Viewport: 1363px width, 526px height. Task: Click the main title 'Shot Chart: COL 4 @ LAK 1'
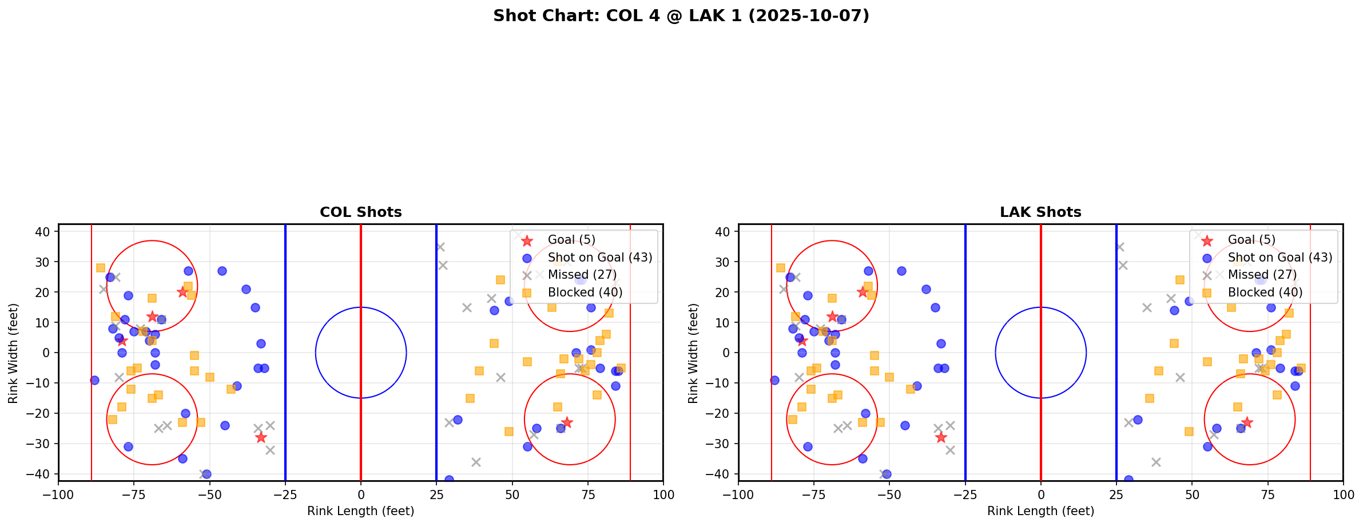click(681, 15)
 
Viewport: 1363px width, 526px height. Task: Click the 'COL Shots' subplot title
click(360, 212)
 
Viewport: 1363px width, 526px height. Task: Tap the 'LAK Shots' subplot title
click(1040, 212)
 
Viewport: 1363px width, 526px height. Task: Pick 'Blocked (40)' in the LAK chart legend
click(1265, 292)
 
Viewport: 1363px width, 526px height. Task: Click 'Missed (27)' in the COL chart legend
click(582, 275)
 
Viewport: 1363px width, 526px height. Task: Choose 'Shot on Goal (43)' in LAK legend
click(1279, 258)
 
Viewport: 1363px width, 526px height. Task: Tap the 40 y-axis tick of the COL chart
click(43, 232)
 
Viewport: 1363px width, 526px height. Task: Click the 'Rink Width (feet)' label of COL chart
click(13, 353)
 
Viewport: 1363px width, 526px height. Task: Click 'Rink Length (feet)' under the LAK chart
click(1040, 511)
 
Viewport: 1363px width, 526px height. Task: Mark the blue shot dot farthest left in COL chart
click(94, 380)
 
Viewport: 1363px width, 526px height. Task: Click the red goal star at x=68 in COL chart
click(566, 422)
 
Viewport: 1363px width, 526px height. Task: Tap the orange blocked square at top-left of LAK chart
click(781, 268)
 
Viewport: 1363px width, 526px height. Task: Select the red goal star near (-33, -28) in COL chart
click(261, 437)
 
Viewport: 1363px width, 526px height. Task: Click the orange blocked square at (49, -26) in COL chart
click(509, 432)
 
